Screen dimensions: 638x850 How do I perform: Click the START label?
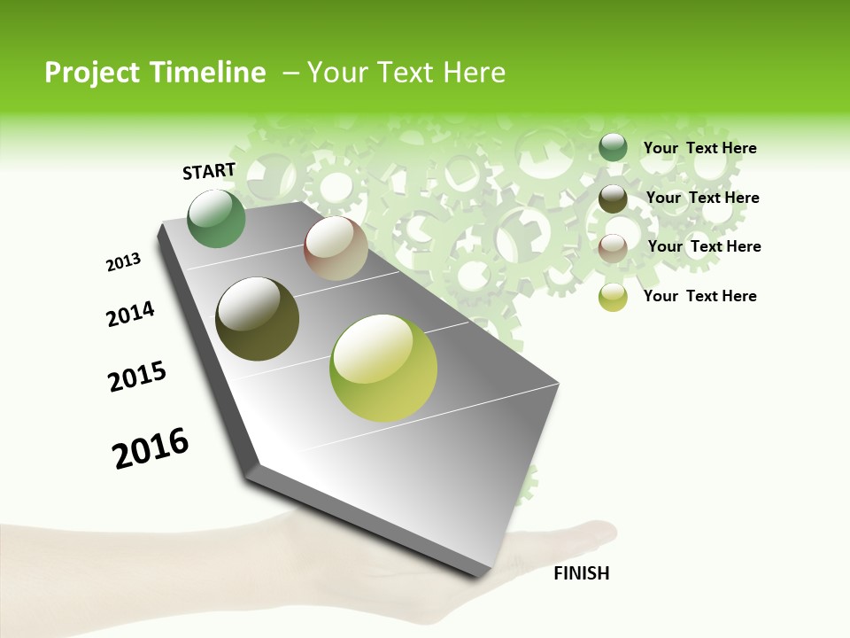(x=209, y=171)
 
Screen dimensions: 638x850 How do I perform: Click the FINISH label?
(x=582, y=573)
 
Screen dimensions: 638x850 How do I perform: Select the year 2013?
(x=123, y=262)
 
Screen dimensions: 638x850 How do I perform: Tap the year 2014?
(x=130, y=315)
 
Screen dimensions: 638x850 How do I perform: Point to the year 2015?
(x=136, y=377)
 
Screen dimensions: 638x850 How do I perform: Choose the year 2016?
(x=151, y=448)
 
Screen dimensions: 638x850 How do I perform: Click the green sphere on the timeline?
(x=217, y=219)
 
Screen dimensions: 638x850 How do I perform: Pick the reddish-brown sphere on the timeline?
(x=336, y=248)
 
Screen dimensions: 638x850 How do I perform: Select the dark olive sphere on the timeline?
(x=257, y=319)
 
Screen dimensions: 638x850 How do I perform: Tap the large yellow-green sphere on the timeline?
(x=383, y=368)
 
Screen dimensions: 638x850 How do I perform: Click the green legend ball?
(x=613, y=148)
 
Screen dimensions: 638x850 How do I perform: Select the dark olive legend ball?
(x=613, y=198)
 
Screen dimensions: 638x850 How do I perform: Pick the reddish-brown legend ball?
(x=613, y=248)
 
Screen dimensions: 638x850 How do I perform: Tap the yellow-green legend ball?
(x=613, y=297)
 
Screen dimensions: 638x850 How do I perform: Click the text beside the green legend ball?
(x=699, y=148)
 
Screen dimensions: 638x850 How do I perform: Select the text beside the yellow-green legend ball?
(x=699, y=296)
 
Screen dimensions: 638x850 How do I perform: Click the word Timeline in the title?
(x=211, y=73)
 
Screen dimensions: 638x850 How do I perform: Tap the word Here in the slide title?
(x=474, y=73)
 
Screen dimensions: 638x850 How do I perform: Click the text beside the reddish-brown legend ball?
(x=704, y=246)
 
